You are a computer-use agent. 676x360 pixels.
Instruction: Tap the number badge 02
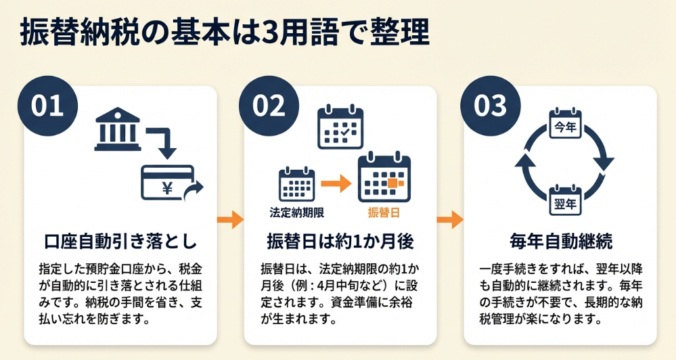click(x=269, y=107)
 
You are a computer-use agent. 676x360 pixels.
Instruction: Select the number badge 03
click(x=489, y=107)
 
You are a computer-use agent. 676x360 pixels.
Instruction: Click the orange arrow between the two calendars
click(x=334, y=183)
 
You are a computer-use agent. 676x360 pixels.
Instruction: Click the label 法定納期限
click(x=296, y=212)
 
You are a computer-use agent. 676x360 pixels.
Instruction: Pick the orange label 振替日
click(x=383, y=212)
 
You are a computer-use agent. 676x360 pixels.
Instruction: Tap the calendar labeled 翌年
click(x=565, y=199)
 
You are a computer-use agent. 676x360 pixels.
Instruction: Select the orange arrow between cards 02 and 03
click(x=451, y=219)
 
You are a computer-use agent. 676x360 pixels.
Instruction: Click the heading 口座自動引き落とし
click(x=120, y=241)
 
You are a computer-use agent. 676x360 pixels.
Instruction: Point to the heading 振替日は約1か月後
click(x=340, y=241)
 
